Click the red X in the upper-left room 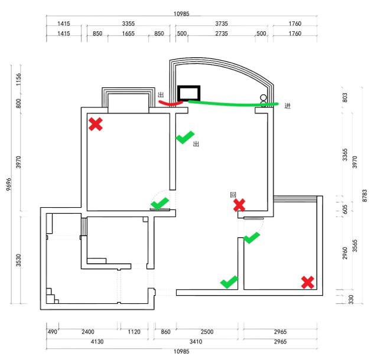(x=95, y=124)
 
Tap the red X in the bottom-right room (x=307, y=282)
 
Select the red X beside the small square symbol (x=239, y=205)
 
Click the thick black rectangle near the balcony (x=190, y=93)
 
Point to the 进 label (x=288, y=106)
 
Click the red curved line (x=171, y=103)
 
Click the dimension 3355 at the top (x=128, y=24)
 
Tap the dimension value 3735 (x=221, y=24)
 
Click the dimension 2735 (x=221, y=34)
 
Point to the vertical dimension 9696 (x=9, y=185)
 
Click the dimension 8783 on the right (x=364, y=197)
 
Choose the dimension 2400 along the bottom (x=88, y=332)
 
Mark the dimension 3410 (x=196, y=342)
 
